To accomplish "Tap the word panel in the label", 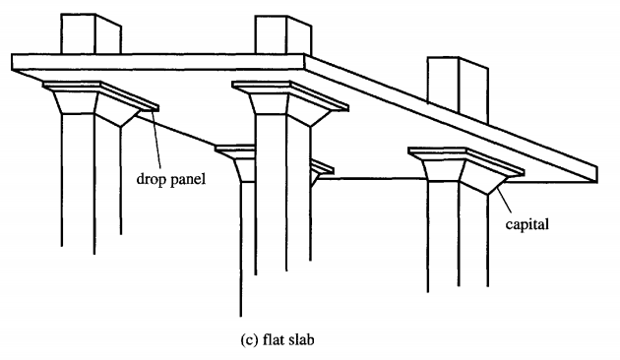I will pyautogui.click(x=186, y=180).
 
